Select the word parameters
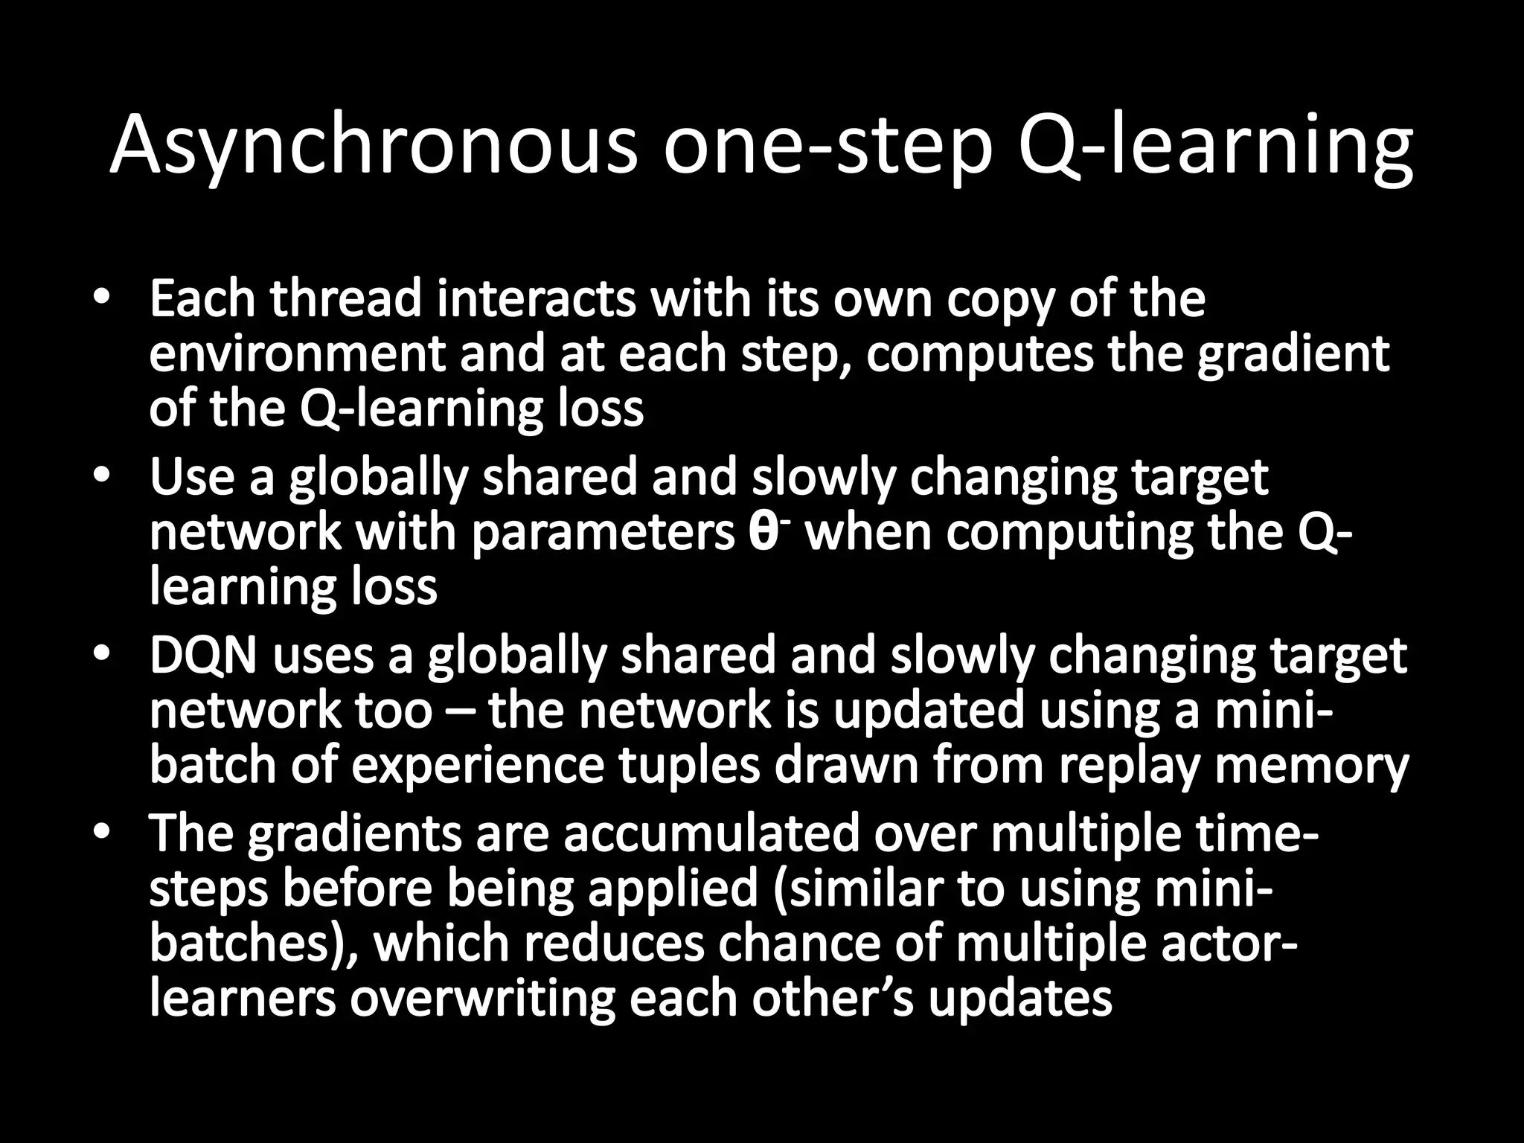[x=603, y=534]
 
